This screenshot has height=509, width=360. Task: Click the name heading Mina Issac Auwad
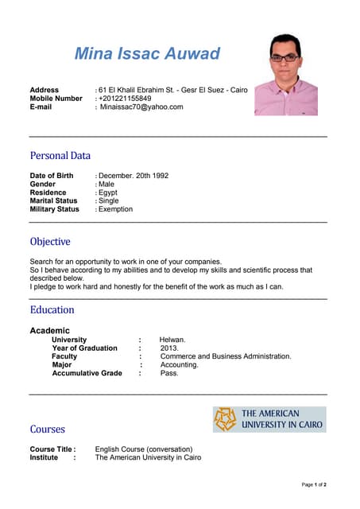click(x=147, y=54)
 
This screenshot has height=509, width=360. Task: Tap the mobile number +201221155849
click(x=125, y=99)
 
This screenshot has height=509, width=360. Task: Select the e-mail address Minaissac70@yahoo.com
click(x=141, y=107)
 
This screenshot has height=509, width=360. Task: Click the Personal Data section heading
click(x=60, y=156)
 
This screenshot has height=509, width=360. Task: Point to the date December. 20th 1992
click(x=134, y=176)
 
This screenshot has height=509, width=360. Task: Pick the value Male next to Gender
click(x=106, y=185)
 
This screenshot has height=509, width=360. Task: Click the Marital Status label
click(x=53, y=201)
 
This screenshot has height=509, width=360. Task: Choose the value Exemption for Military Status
click(x=115, y=209)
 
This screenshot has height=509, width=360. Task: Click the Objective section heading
click(x=50, y=242)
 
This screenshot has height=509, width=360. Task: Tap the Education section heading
click(x=52, y=310)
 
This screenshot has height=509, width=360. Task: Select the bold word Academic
click(x=49, y=330)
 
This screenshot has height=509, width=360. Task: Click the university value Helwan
click(x=172, y=340)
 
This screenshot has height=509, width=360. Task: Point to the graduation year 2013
click(x=169, y=348)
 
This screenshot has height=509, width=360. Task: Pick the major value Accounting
click(x=179, y=365)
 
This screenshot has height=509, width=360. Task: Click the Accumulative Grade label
click(x=87, y=373)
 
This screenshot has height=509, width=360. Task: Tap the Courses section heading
click(x=47, y=429)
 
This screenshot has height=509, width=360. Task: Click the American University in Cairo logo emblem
click(x=226, y=419)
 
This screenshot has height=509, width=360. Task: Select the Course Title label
click(x=52, y=449)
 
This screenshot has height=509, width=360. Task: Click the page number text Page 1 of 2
click(x=314, y=484)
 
